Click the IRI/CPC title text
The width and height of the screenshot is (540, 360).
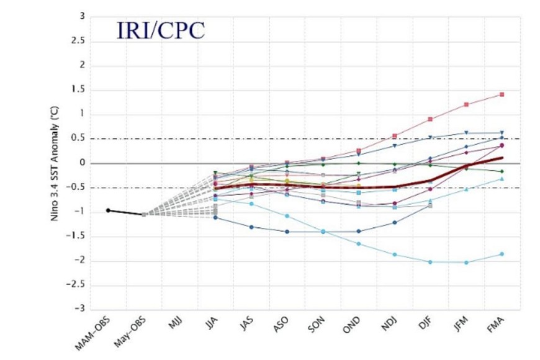(x=160, y=31)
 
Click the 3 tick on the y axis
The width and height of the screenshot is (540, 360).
(x=82, y=17)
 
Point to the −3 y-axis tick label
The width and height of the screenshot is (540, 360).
(x=79, y=309)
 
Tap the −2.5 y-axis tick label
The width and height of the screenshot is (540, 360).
(x=77, y=285)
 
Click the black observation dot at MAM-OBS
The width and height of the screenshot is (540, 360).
(x=108, y=210)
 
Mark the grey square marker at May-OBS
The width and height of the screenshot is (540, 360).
(x=143, y=214)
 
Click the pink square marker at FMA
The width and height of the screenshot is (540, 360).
(x=501, y=94)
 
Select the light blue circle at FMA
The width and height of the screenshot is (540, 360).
(x=501, y=254)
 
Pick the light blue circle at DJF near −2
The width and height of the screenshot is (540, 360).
(x=430, y=262)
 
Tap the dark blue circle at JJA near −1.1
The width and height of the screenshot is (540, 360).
(x=215, y=217)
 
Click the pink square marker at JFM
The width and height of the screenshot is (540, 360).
(x=466, y=104)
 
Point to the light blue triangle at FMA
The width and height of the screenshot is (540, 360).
(x=501, y=179)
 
